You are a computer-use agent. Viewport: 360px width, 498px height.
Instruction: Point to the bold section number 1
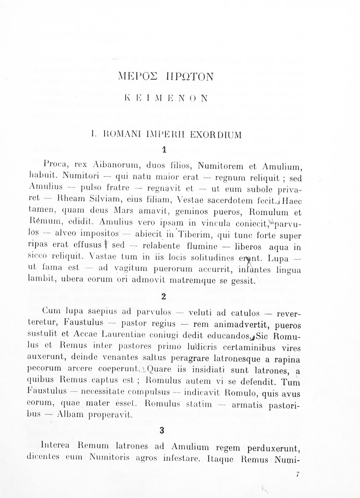click(x=164, y=150)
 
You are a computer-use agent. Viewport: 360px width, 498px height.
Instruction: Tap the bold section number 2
click(x=163, y=296)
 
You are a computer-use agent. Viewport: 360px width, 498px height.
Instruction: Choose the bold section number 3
click(x=162, y=431)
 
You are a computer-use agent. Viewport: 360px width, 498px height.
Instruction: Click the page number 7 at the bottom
click(x=298, y=474)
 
